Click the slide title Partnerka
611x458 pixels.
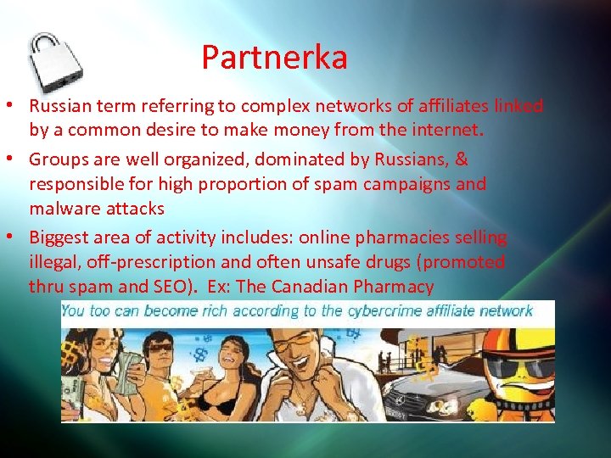[x=274, y=58]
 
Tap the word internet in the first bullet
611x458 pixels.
[x=450, y=131]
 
